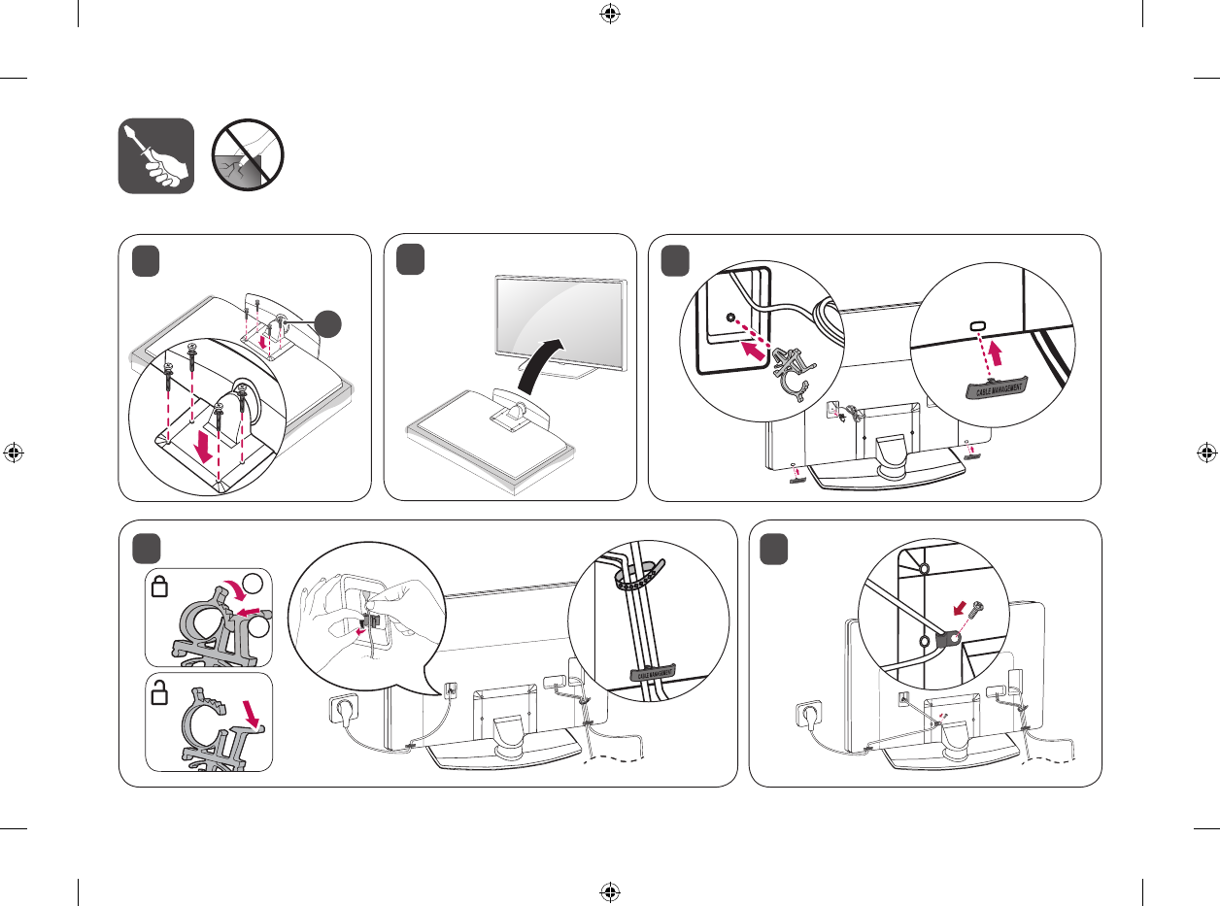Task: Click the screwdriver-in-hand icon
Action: point(155,155)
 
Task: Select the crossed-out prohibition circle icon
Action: point(248,155)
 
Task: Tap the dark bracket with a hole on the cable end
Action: point(946,638)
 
